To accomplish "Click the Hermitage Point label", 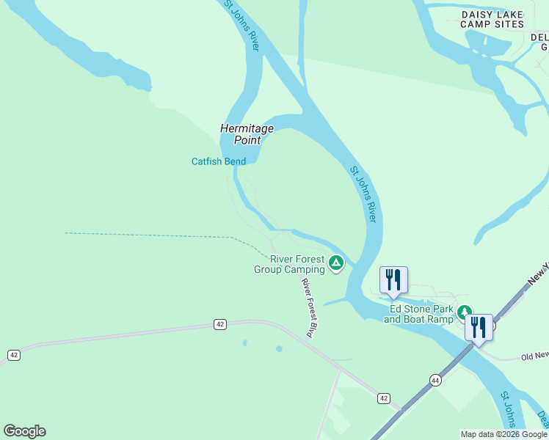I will coord(247,134).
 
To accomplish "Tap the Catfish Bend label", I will coord(219,161).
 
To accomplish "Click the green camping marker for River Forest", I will coord(336,262).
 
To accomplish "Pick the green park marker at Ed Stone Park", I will coord(464,312).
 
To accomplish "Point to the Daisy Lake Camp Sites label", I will coord(492,19).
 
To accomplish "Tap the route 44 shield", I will coord(435,380).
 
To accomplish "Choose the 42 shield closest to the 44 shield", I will coord(383,397).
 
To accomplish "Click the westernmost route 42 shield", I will coord(13,355).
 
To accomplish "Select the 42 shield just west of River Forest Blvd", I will coord(219,323).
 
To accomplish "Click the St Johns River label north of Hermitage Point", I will coord(243,26).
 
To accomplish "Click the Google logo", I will coord(24,431).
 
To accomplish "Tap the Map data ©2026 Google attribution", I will coord(503,434).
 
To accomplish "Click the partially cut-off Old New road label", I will coord(534,356).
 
